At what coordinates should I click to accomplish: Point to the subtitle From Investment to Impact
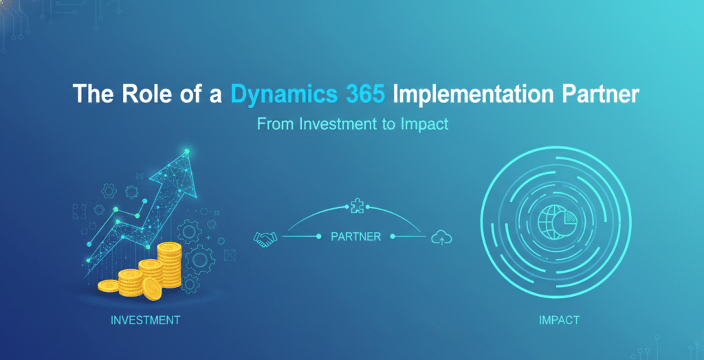click(352, 125)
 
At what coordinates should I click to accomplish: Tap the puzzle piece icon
click(356, 204)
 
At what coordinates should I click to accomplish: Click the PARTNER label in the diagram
click(355, 237)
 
